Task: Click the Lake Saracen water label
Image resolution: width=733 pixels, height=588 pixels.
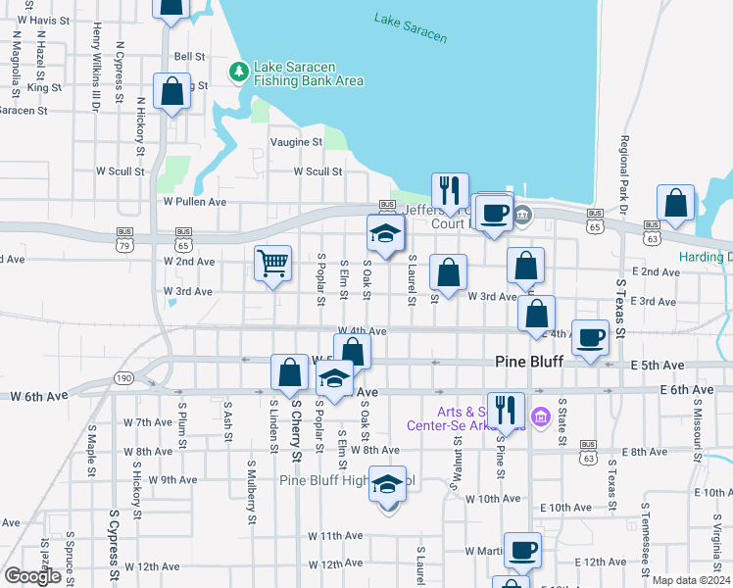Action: tap(411, 27)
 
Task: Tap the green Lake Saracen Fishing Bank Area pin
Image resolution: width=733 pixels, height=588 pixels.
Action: tap(237, 72)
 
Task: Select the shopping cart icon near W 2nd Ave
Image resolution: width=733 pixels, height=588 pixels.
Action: tap(273, 262)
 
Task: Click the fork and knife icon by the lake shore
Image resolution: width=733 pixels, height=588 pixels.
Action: tap(450, 190)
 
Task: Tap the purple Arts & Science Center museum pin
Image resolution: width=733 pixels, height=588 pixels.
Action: tap(538, 418)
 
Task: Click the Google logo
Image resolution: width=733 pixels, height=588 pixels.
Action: tap(32, 576)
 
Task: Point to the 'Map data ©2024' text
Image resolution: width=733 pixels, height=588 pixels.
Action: tap(690, 579)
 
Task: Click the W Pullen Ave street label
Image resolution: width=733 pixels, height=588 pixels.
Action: tap(195, 202)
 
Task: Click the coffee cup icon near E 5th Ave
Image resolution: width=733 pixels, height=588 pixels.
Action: tap(589, 338)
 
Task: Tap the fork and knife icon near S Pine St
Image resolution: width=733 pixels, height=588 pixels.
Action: tap(506, 409)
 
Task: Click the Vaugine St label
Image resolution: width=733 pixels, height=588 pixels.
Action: tap(296, 142)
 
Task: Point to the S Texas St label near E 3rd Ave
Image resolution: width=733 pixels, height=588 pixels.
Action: tap(620, 305)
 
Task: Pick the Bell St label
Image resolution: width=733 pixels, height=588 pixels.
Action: tap(188, 57)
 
